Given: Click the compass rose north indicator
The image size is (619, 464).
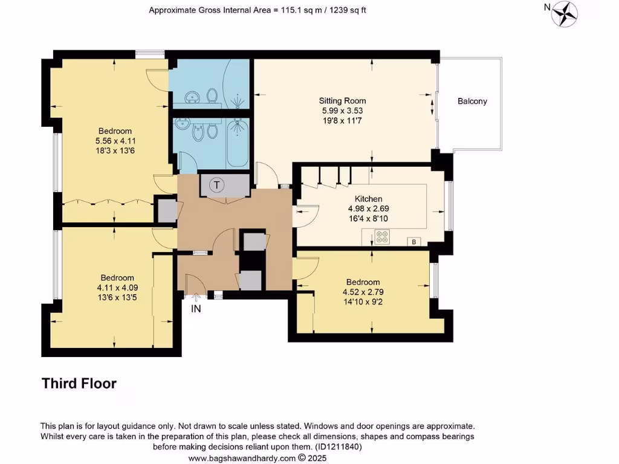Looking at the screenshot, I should tap(565, 13).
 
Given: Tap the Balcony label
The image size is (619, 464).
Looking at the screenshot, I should tap(472, 101).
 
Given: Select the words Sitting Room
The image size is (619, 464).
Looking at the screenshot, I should tap(343, 101).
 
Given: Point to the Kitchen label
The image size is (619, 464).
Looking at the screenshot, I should tap(368, 199).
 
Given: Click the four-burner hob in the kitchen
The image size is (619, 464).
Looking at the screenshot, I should tap(382, 236).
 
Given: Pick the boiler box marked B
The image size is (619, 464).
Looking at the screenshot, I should tap(415, 242).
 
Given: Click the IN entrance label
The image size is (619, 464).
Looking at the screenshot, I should tap(196, 308).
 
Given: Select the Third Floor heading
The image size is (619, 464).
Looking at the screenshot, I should tap(79, 383).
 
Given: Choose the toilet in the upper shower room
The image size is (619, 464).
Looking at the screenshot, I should tap(212, 95).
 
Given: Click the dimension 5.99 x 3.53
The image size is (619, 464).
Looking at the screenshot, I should tap(343, 111).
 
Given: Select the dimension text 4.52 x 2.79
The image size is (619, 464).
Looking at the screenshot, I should tap(363, 292).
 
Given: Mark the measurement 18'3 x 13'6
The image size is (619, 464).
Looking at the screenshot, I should tap(115, 150).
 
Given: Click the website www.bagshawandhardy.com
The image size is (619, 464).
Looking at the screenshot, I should tap(242, 459).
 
